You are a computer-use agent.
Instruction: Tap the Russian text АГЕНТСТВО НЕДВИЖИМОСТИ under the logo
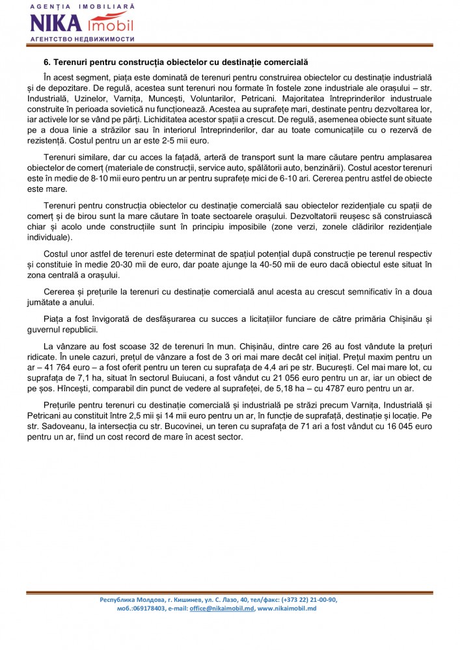82,39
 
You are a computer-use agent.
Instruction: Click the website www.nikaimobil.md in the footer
287,608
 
